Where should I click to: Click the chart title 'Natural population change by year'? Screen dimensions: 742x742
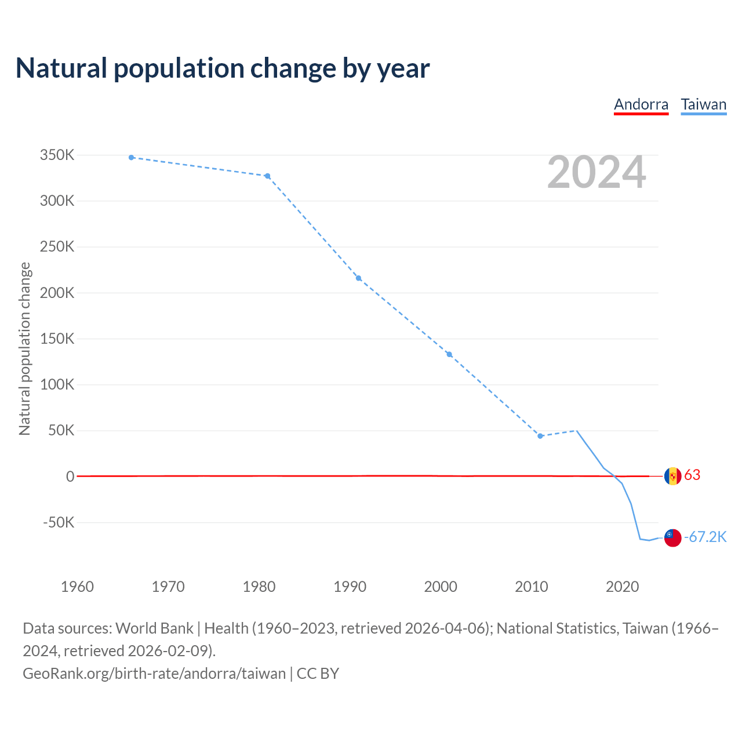click(223, 68)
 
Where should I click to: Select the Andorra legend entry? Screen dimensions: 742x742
click(641, 104)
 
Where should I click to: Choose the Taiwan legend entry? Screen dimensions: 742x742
click(703, 104)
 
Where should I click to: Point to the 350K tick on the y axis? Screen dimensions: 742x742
click(57, 155)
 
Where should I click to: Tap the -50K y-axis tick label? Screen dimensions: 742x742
click(59, 522)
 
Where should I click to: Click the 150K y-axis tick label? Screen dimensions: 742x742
click(57, 339)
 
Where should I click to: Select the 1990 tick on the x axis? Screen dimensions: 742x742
click(350, 587)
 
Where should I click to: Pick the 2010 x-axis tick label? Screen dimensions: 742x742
click(532, 587)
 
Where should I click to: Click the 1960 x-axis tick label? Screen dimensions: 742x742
click(77, 587)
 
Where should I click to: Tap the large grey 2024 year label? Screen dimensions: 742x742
click(596, 173)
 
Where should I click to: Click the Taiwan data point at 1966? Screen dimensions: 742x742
click(132, 157)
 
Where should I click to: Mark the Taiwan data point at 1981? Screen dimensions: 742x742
click(268, 176)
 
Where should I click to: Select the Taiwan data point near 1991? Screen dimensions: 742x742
click(359, 278)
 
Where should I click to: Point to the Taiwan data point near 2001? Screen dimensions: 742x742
click(449, 354)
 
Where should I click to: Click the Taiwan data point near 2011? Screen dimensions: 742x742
click(540, 436)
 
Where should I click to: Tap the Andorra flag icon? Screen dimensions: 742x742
click(672, 476)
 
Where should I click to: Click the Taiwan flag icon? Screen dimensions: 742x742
click(672, 537)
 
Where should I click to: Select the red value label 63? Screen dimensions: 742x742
click(692, 475)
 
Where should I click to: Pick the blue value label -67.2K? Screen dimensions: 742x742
click(705, 537)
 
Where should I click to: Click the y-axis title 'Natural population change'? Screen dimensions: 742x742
click(25, 348)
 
